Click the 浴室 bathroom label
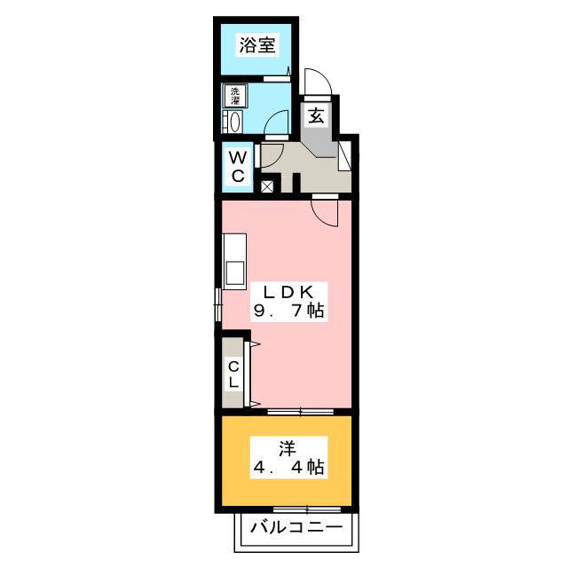pos(257,46)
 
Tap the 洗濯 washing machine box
pos(235,94)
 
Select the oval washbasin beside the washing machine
pos(235,122)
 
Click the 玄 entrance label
pos(315,114)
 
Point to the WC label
pos(238,166)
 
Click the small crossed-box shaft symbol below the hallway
pos(268,186)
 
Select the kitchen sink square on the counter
pos(235,272)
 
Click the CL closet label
pos(234,373)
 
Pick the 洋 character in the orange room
pos(286,447)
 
